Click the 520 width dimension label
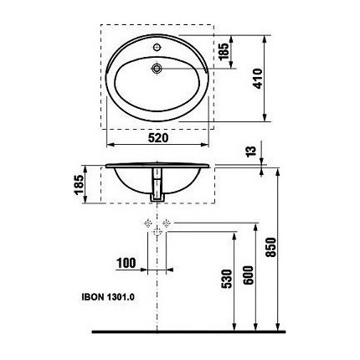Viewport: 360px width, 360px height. pos(158,138)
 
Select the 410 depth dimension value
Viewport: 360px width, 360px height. pos(258,79)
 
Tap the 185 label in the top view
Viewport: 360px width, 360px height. pos(224,52)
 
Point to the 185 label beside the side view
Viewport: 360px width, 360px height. pos(79,184)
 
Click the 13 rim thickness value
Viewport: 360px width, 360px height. pos(251,151)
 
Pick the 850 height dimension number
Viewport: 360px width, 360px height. pos(271,247)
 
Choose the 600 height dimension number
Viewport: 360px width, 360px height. pos(248,275)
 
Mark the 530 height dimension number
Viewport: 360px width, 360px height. pos(227,279)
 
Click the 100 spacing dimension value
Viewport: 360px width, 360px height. pos(126,263)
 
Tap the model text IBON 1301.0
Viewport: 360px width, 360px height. pos(108,297)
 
